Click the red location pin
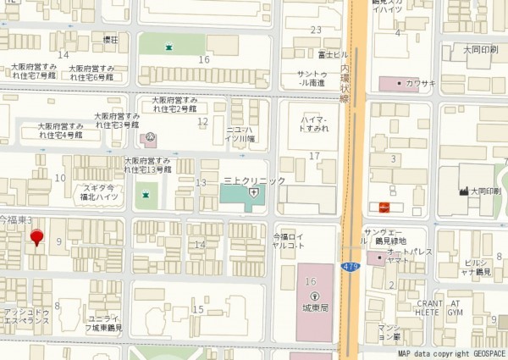click(36, 238)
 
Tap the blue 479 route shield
click(350, 267)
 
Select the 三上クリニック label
click(254, 180)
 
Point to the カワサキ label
click(420, 83)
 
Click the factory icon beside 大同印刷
click(464, 191)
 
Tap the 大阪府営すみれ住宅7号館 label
click(33, 71)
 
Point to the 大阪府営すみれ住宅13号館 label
click(148, 164)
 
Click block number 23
click(316, 30)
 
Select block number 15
click(198, 309)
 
